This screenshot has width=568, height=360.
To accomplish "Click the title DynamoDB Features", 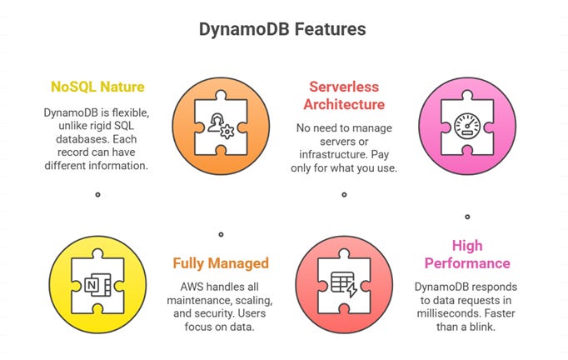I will (x=282, y=29).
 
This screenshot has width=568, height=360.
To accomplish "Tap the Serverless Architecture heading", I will (x=344, y=95).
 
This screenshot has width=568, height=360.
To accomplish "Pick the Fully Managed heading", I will (x=221, y=263).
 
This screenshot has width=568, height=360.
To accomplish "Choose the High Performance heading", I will (x=467, y=254).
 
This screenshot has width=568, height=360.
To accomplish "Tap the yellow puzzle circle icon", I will (x=97, y=285).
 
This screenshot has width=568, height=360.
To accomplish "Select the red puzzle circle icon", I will (x=344, y=285).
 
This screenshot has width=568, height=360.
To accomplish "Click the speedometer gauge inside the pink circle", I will (x=467, y=118).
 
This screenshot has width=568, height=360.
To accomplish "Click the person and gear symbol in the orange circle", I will (x=220, y=119).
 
